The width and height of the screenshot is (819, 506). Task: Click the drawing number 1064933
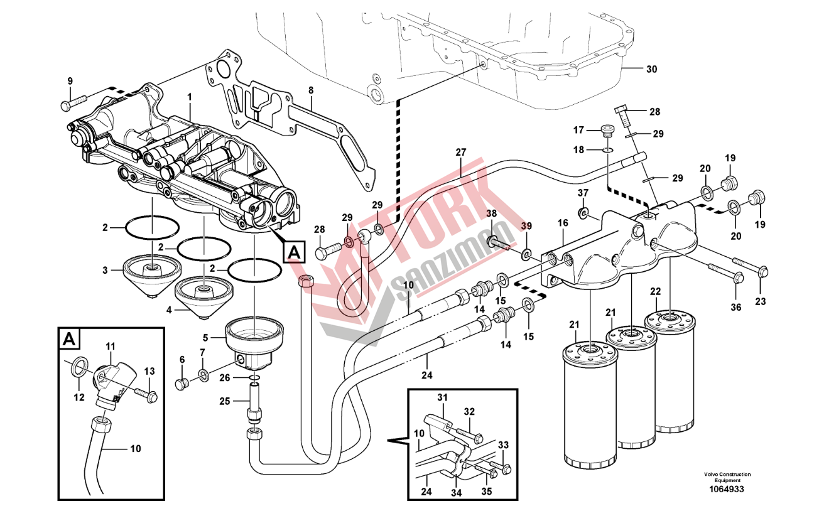click(x=727, y=490)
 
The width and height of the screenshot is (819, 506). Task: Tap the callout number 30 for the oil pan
click(x=651, y=70)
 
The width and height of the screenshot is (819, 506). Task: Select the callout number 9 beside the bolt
click(x=70, y=81)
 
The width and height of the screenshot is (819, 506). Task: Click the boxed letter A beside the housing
click(x=293, y=252)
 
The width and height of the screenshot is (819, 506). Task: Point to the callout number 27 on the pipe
click(x=461, y=153)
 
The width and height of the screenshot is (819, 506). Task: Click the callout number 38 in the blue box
click(x=491, y=213)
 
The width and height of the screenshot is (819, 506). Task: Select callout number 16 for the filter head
click(x=562, y=223)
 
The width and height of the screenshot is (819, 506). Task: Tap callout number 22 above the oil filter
click(x=655, y=291)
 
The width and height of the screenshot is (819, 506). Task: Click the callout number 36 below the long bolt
click(x=735, y=308)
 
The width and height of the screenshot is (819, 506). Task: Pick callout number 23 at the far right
click(x=761, y=301)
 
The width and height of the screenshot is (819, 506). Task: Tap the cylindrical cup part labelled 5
click(x=255, y=333)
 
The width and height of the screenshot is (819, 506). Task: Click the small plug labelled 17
click(x=607, y=131)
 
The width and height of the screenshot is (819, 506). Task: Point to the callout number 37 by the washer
click(x=583, y=193)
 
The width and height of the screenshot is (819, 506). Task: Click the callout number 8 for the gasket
click(x=310, y=90)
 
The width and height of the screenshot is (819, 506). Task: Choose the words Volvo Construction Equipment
click(x=727, y=477)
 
